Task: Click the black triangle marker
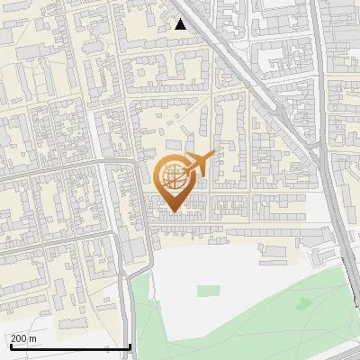tap(181, 24)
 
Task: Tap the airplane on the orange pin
tap(196, 165)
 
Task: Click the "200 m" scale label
tap(24, 338)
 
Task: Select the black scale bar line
tap(69, 346)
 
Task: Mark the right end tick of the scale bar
tap(130, 345)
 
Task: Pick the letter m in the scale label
tap(33, 338)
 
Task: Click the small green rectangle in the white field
tap(208, 290)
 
